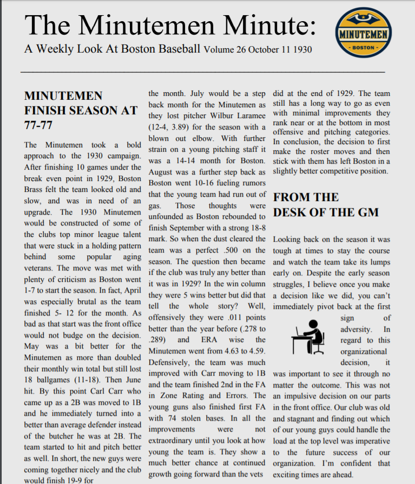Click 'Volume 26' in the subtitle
[225, 50]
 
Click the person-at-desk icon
[307, 337]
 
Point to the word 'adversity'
[356, 329]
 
